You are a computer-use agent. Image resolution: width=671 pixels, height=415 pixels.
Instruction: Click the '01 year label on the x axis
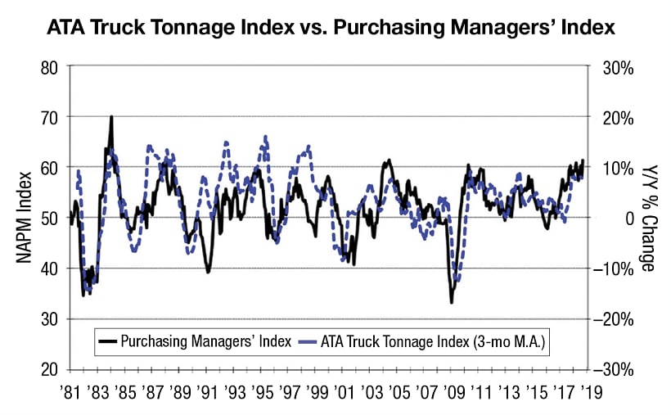coord(344,392)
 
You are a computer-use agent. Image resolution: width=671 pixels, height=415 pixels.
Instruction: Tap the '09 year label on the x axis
coord(452,392)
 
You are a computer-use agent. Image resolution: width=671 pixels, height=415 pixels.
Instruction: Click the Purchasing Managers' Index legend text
coord(205,341)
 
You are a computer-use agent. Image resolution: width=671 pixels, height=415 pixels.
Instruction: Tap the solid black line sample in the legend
coord(107,341)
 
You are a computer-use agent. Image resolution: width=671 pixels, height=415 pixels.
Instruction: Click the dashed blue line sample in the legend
coord(309,341)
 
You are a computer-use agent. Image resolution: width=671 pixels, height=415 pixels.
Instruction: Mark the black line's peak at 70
coord(111,116)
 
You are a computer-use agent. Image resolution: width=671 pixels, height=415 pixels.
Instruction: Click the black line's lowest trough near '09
coord(452,303)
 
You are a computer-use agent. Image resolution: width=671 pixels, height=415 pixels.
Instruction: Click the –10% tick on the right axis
coord(614,268)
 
